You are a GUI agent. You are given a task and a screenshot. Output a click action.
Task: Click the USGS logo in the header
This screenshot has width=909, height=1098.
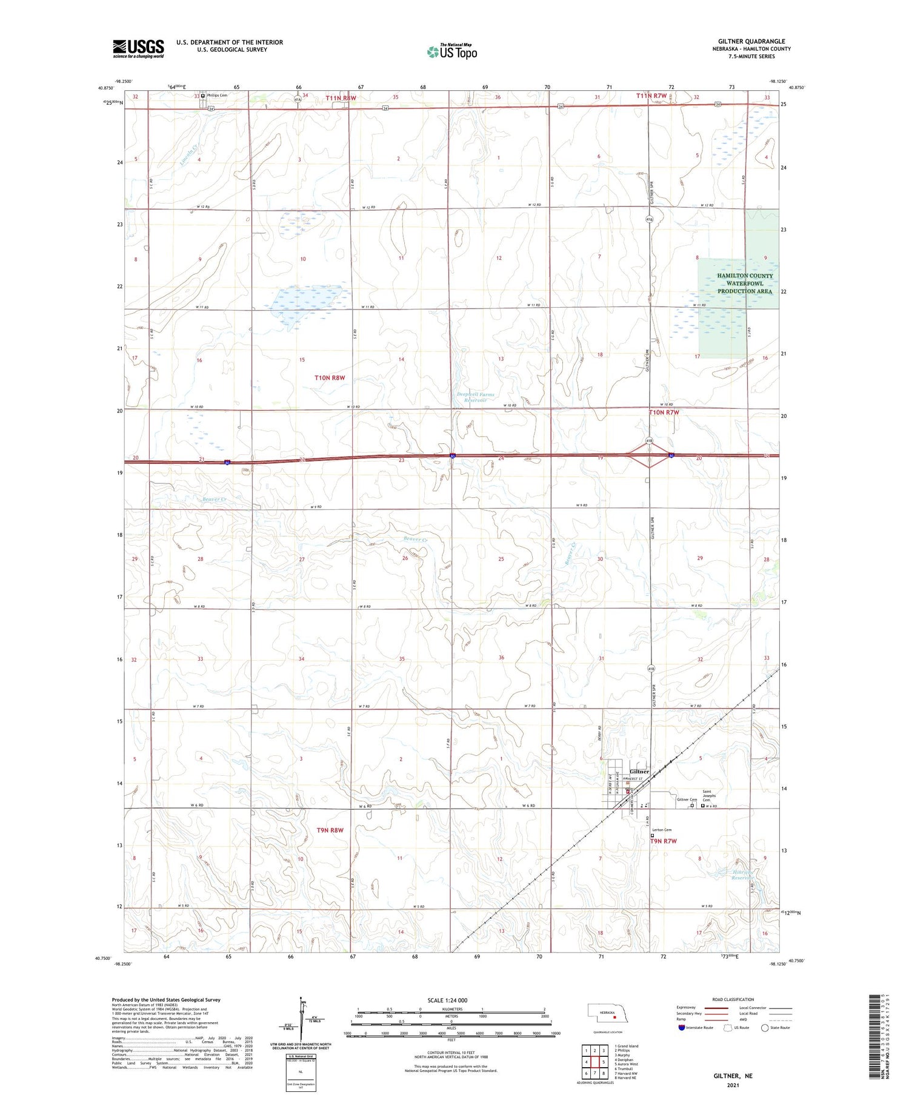point(138,48)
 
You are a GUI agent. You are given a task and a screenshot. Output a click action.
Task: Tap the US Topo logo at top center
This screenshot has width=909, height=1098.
point(452,51)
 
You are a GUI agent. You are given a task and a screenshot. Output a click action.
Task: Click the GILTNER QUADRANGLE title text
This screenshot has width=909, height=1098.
point(751,41)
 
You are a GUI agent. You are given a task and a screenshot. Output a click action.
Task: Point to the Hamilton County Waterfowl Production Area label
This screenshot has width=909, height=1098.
point(745,283)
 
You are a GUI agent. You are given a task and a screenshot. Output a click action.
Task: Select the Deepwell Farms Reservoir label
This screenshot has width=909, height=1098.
point(475,397)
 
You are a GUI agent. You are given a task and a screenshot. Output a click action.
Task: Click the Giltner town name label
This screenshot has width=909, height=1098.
point(639,772)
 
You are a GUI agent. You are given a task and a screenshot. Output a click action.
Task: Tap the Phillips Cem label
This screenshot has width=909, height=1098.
point(216,95)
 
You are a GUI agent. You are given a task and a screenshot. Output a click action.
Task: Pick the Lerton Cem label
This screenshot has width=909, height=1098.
point(661,830)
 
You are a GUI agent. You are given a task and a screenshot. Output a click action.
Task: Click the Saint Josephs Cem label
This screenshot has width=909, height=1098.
point(709,795)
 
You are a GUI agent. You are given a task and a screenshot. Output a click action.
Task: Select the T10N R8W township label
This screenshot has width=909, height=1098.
point(330,378)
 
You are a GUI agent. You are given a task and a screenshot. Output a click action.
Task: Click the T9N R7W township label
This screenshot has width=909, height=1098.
point(663,841)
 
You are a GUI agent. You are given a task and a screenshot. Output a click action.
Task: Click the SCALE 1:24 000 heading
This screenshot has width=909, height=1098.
point(447,1000)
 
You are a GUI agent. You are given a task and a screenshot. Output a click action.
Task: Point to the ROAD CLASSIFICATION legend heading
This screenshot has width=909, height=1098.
point(733,999)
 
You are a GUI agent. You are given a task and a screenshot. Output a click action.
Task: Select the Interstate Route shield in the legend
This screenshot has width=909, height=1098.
point(682,1028)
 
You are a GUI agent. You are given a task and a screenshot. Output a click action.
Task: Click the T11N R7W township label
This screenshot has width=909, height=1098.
point(651,96)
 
